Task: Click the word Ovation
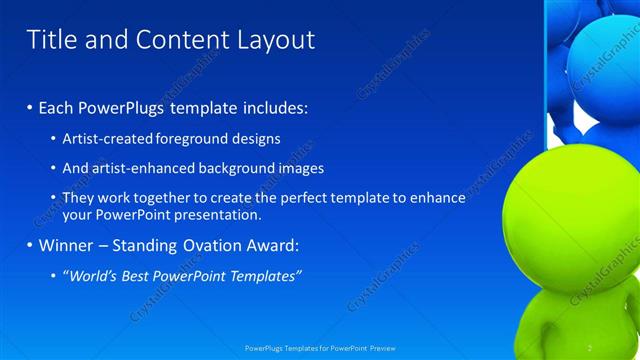point(204,245)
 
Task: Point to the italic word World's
point(91,276)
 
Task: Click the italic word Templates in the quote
point(265,276)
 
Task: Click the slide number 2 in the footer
point(589,347)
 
